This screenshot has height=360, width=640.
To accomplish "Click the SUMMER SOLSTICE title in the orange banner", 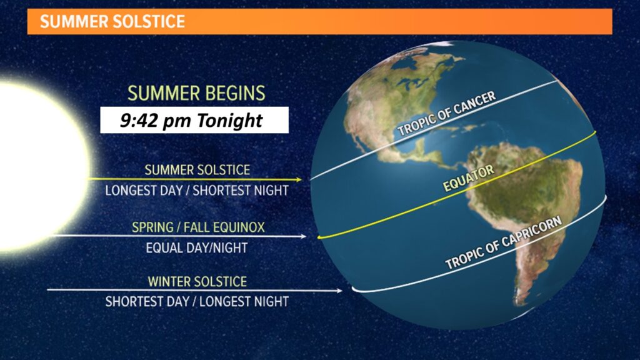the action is point(112,21).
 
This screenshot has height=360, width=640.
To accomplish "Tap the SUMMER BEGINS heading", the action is point(196,93).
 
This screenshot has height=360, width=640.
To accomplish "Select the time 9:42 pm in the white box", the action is point(156,121).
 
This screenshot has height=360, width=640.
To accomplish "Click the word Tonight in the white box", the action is point(229,121).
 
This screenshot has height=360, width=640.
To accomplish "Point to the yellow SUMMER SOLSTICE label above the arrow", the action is point(197,170).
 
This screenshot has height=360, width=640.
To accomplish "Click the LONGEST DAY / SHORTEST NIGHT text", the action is point(197,191).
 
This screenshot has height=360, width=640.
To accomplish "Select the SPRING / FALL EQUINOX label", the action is point(198,227).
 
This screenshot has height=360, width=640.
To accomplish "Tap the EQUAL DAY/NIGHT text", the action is point(197,247).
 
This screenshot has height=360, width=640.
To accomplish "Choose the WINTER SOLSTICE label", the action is point(197,282).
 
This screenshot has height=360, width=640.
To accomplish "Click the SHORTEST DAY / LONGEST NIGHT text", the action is point(197,302).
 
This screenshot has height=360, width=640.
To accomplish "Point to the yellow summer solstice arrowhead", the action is point(299,179).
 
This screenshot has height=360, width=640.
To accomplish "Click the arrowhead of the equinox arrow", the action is point(303,236).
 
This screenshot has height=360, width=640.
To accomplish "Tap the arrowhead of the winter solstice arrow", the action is point(339,291).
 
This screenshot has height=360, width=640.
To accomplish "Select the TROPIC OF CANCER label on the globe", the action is point(446,114).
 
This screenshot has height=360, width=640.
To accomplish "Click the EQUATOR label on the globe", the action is point(468,178).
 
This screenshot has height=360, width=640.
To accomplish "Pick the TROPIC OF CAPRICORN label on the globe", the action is point(503,242).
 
